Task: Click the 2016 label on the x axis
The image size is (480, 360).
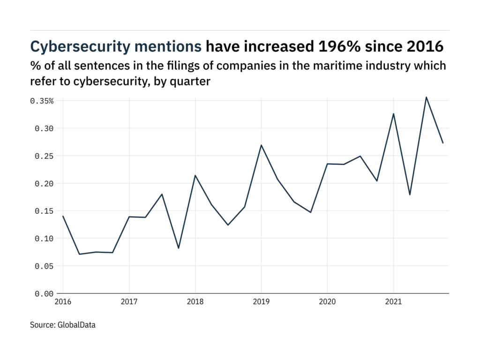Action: [63, 302]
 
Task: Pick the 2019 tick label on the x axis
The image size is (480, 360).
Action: [261, 302]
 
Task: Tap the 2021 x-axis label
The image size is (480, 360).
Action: [393, 302]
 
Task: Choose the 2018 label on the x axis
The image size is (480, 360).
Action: [195, 302]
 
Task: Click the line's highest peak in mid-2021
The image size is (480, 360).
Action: [426, 97]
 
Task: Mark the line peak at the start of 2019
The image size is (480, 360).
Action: [261, 145]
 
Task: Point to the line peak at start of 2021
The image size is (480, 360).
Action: [393, 113]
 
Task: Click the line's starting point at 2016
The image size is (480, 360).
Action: [63, 216]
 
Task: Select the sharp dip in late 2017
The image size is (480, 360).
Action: [179, 248]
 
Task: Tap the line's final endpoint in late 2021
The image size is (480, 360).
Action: [443, 143]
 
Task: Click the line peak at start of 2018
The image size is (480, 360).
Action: [195, 175]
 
